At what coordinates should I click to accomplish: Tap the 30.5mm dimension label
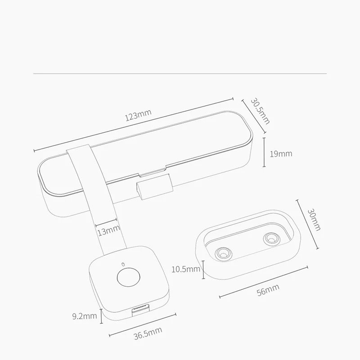[x=260, y=111]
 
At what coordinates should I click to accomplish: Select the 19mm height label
[x=281, y=153]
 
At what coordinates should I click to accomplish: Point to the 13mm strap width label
[x=109, y=230]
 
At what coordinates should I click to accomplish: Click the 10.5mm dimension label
[x=186, y=269]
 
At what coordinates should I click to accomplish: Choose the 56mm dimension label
[x=268, y=290]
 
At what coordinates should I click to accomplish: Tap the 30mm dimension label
[x=314, y=220]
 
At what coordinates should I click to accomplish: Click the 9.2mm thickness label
[x=85, y=316]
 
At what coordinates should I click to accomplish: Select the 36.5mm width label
[x=148, y=333]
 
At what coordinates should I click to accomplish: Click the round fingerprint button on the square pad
[x=128, y=277]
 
